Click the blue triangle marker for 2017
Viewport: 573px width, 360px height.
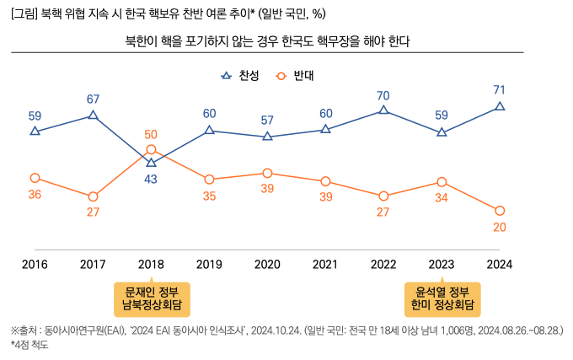93,116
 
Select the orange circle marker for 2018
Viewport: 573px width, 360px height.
151,149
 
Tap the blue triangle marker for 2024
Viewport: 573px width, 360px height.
500,106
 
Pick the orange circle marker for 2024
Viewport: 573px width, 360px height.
500,211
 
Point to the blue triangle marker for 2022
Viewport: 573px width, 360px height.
383,110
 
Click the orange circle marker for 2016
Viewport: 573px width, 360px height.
35,178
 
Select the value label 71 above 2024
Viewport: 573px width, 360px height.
500,89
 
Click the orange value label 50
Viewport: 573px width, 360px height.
151,134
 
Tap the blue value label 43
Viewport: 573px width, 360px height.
151,179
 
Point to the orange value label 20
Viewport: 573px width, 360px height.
500,228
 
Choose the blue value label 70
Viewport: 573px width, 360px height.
383,95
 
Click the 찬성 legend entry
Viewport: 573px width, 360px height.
240,76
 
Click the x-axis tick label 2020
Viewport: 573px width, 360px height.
267,264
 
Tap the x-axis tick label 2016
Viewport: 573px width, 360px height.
35,264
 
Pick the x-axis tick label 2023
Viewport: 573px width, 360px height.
442,264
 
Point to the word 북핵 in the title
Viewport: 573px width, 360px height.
51,14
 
